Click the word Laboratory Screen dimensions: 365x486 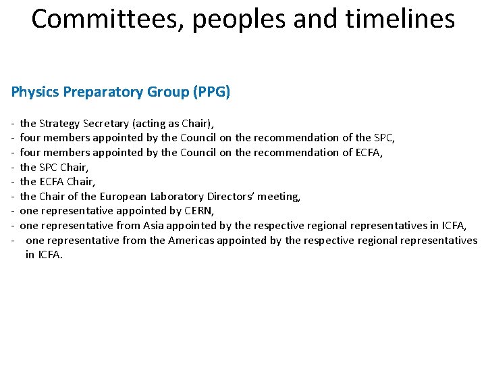coord(175,197)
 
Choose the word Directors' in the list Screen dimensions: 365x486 coord(229,197)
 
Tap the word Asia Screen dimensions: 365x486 coord(154,226)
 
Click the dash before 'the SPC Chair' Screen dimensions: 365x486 coord(13,167)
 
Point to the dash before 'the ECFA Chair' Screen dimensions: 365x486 coord(13,182)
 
